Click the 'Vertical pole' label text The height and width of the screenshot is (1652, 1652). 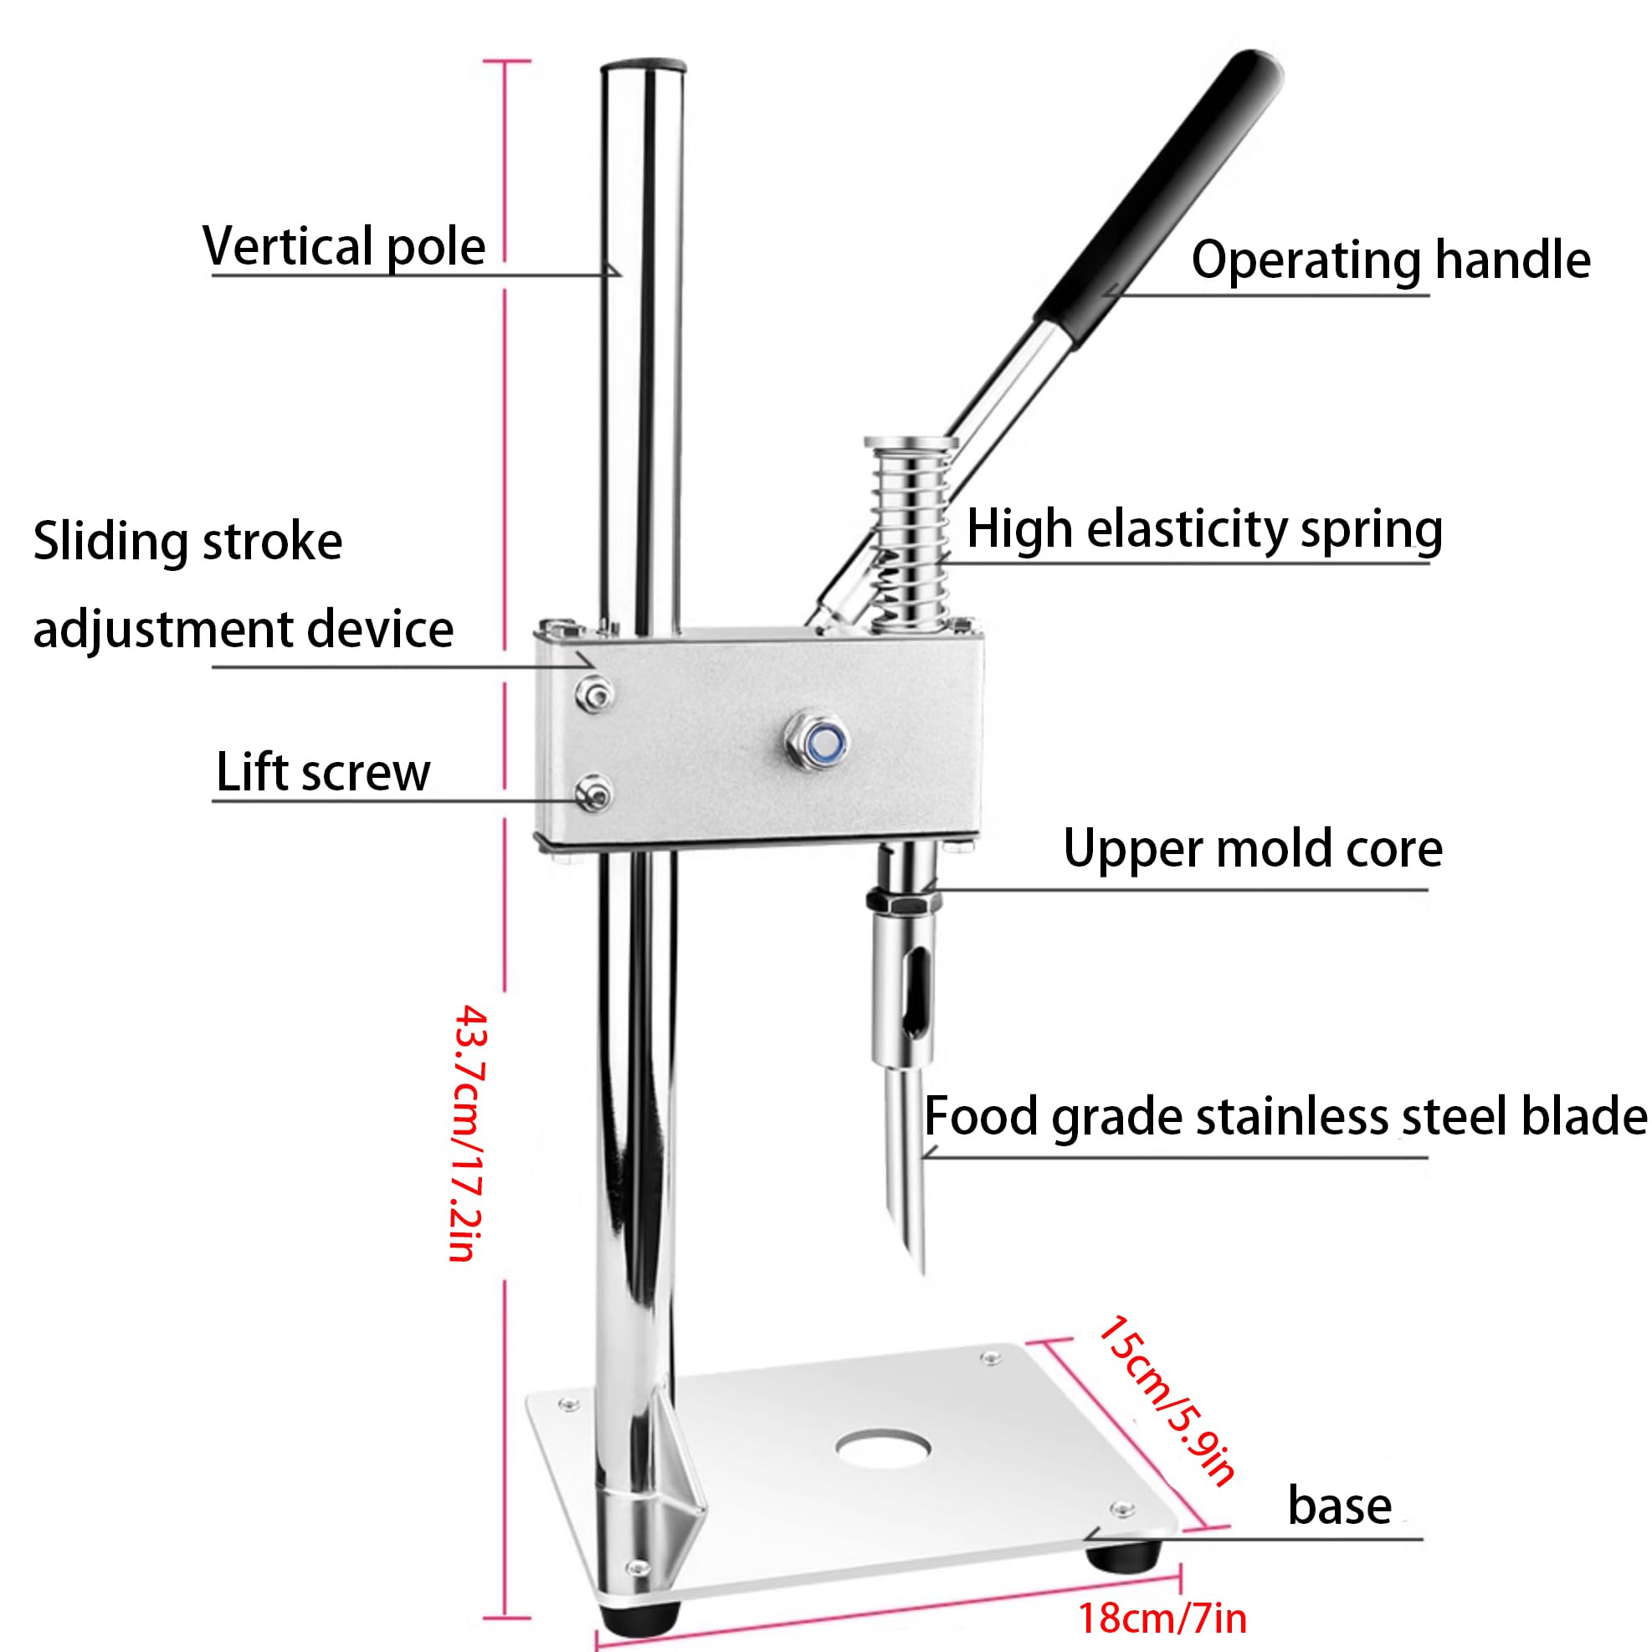tap(344, 246)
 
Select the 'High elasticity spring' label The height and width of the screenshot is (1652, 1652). tap(1204, 528)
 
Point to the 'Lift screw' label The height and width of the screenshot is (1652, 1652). tap(323, 772)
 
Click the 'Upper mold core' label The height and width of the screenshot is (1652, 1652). tap(1253, 849)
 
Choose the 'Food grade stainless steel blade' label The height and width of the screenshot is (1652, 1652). tap(1285, 1116)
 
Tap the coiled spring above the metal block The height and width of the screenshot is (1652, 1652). tap(910, 535)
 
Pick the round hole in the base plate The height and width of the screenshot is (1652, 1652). tap(883, 1448)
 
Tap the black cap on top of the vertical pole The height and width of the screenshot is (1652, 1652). tap(643, 66)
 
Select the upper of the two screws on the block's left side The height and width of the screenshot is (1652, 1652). tap(594, 692)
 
